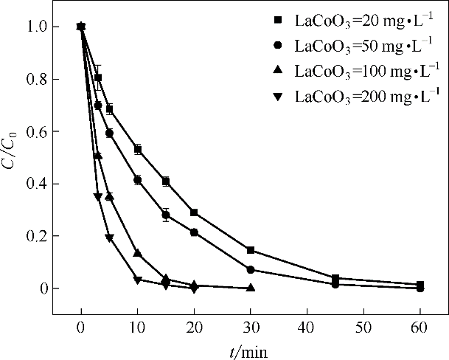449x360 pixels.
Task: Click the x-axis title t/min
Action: tap(248, 350)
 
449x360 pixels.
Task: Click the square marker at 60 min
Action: tap(420, 285)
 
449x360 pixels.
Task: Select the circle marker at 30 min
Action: tap(251, 270)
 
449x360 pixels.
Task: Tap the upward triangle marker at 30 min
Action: tap(251, 288)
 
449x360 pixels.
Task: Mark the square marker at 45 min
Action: tap(335, 278)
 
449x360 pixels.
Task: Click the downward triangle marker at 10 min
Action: tap(137, 280)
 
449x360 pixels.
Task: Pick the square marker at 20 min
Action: tap(194, 212)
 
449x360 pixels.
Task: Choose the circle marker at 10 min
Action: tap(137, 179)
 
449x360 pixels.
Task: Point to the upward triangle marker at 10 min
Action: tap(137, 253)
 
